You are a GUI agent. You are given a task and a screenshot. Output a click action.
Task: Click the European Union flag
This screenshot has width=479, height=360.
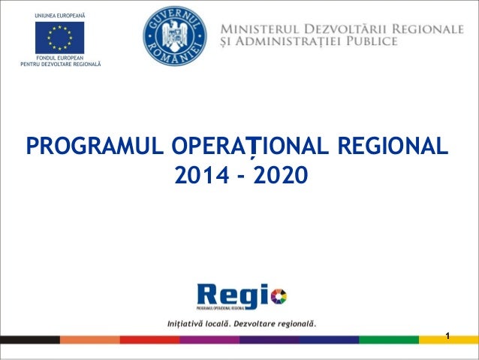coord(59,38)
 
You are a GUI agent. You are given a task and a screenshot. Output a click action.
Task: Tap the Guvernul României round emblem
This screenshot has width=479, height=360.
coord(175,35)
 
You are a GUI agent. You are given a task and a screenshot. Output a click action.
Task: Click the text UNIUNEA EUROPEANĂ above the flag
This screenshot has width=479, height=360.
coord(59,16)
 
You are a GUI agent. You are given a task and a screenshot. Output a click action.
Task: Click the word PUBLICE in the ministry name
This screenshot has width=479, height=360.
coord(369,42)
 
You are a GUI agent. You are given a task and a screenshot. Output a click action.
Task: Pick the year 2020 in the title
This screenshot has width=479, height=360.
coord(280,176)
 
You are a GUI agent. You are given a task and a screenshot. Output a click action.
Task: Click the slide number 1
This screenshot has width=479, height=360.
coord(447,334)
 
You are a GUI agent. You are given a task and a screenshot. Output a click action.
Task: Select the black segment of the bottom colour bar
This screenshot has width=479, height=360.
coord(30,340)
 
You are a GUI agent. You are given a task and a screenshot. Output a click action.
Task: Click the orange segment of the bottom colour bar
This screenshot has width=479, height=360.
coord(90,340)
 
